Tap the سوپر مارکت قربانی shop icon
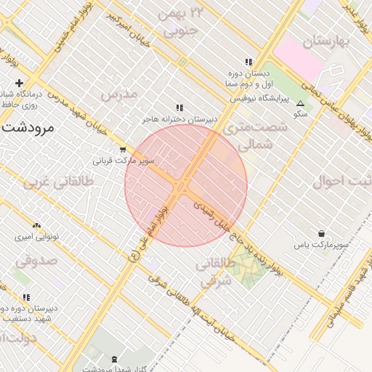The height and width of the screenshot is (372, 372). pyautogui.click(x=121, y=150)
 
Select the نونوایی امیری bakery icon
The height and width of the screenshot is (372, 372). pyautogui.click(x=37, y=226)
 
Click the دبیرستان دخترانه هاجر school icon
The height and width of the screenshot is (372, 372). pyautogui.click(x=179, y=108)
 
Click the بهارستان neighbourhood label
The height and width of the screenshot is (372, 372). pyautogui.click(x=327, y=41)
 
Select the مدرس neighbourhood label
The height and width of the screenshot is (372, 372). pyautogui.click(x=118, y=94)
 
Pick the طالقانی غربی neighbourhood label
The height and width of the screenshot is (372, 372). pyautogui.click(x=60, y=183)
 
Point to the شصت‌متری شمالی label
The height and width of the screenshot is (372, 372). pyautogui.click(x=255, y=135)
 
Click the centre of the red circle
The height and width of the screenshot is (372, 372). pyautogui.click(x=186, y=185)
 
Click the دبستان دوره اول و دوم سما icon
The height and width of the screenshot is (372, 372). pyautogui.click(x=248, y=62)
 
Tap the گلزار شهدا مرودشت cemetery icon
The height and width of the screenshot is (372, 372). pyautogui.click(x=113, y=359)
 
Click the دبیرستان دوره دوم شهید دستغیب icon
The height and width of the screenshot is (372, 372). pyautogui.click(x=26, y=297)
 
